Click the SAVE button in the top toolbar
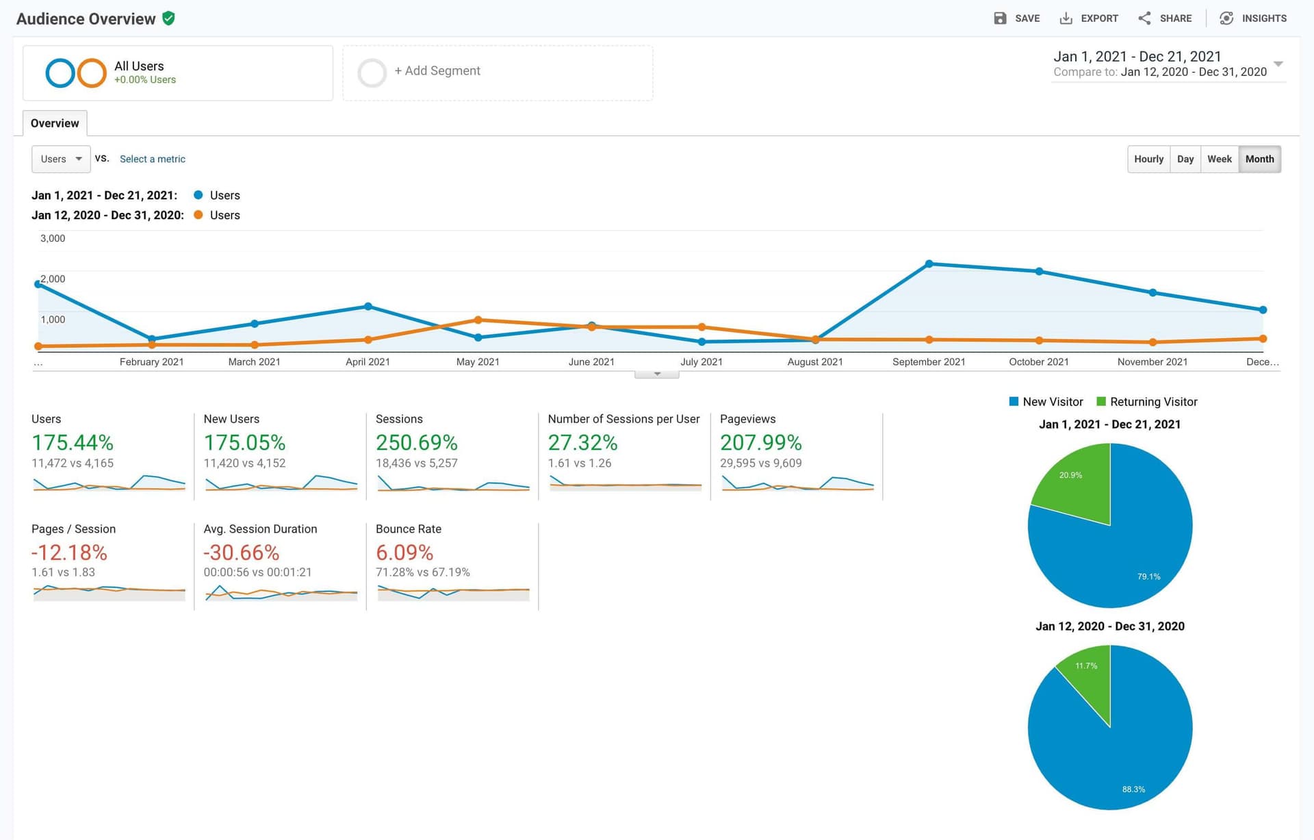click(1017, 18)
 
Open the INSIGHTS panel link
click(1253, 18)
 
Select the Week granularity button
click(1219, 159)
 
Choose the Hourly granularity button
click(1148, 159)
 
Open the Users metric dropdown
click(61, 159)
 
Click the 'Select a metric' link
click(152, 159)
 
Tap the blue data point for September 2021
click(929, 264)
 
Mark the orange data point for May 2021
click(478, 320)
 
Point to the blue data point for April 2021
click(368, 306)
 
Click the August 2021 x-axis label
click(814, 361)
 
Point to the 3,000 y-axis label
click(53, 238)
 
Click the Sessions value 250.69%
click(416, 443)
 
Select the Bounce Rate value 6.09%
click(404, 552)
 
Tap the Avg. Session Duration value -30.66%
click(242, 552)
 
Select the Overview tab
click(55, 123)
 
